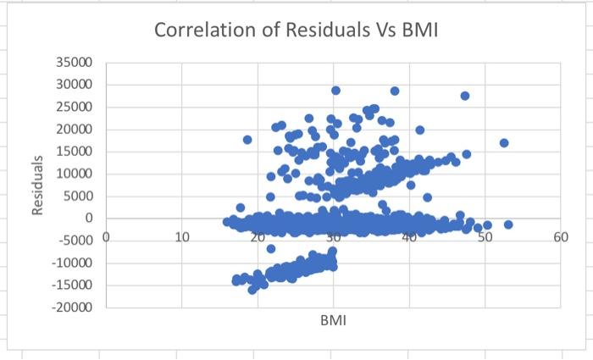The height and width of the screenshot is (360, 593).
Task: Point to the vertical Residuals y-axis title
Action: pos(37,185)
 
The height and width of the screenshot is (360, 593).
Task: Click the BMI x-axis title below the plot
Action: pos(333,322)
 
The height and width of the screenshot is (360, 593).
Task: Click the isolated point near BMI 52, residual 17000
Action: pos(504,143)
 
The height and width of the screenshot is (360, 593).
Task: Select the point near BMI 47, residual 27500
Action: pos(465,96)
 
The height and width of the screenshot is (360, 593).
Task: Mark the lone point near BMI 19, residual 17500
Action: pos(247,140)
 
